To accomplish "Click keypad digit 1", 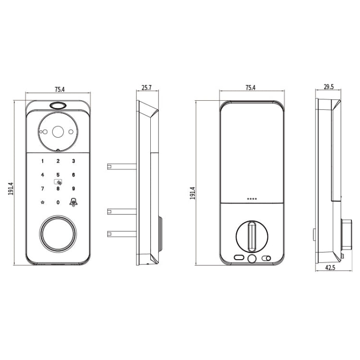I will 42,162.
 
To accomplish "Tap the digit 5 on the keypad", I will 58,175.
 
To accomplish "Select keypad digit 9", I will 73,189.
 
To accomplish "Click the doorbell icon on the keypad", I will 73,202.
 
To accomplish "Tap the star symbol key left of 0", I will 42,202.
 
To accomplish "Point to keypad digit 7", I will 42,189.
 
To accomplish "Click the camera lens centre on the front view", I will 58,131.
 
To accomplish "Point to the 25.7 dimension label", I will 146,88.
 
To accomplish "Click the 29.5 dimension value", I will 329,87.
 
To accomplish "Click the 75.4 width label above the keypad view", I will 59,89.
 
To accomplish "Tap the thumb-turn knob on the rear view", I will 252,236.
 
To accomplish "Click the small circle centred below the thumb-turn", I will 252,259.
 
